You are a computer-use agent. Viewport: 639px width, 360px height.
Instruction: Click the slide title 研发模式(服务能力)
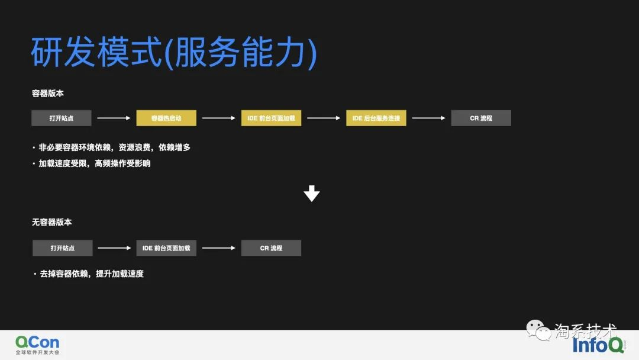[174, 52]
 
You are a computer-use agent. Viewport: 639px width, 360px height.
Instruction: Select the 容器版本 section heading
[48, 94]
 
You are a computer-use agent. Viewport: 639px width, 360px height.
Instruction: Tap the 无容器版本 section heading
[52, 222]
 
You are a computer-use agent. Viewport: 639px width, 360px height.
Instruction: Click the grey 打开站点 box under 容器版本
[62, 118]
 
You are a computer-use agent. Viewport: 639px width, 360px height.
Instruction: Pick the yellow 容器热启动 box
[166, 118]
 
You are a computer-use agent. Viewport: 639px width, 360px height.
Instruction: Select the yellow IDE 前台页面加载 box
[271, 118]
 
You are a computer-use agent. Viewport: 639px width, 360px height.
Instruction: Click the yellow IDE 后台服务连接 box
[376, 118]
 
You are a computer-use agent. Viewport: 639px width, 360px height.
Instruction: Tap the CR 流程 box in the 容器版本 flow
[481, 118]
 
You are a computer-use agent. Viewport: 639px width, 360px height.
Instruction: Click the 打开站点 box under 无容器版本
[63, 248]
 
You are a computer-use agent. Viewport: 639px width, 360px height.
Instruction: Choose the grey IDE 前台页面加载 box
[166, 248]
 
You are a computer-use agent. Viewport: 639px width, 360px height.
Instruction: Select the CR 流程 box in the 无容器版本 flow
[271, 248]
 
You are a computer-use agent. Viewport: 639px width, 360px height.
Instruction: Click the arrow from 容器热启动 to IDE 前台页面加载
[218, 118]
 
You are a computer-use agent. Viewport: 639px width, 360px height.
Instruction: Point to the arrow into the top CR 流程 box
[428, 118]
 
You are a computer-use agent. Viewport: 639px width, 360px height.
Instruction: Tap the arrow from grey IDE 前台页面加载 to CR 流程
[218, 248]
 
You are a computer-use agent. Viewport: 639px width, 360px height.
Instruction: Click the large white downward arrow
[311, 194]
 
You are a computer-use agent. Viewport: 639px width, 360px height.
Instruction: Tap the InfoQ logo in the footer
[598, 345]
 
